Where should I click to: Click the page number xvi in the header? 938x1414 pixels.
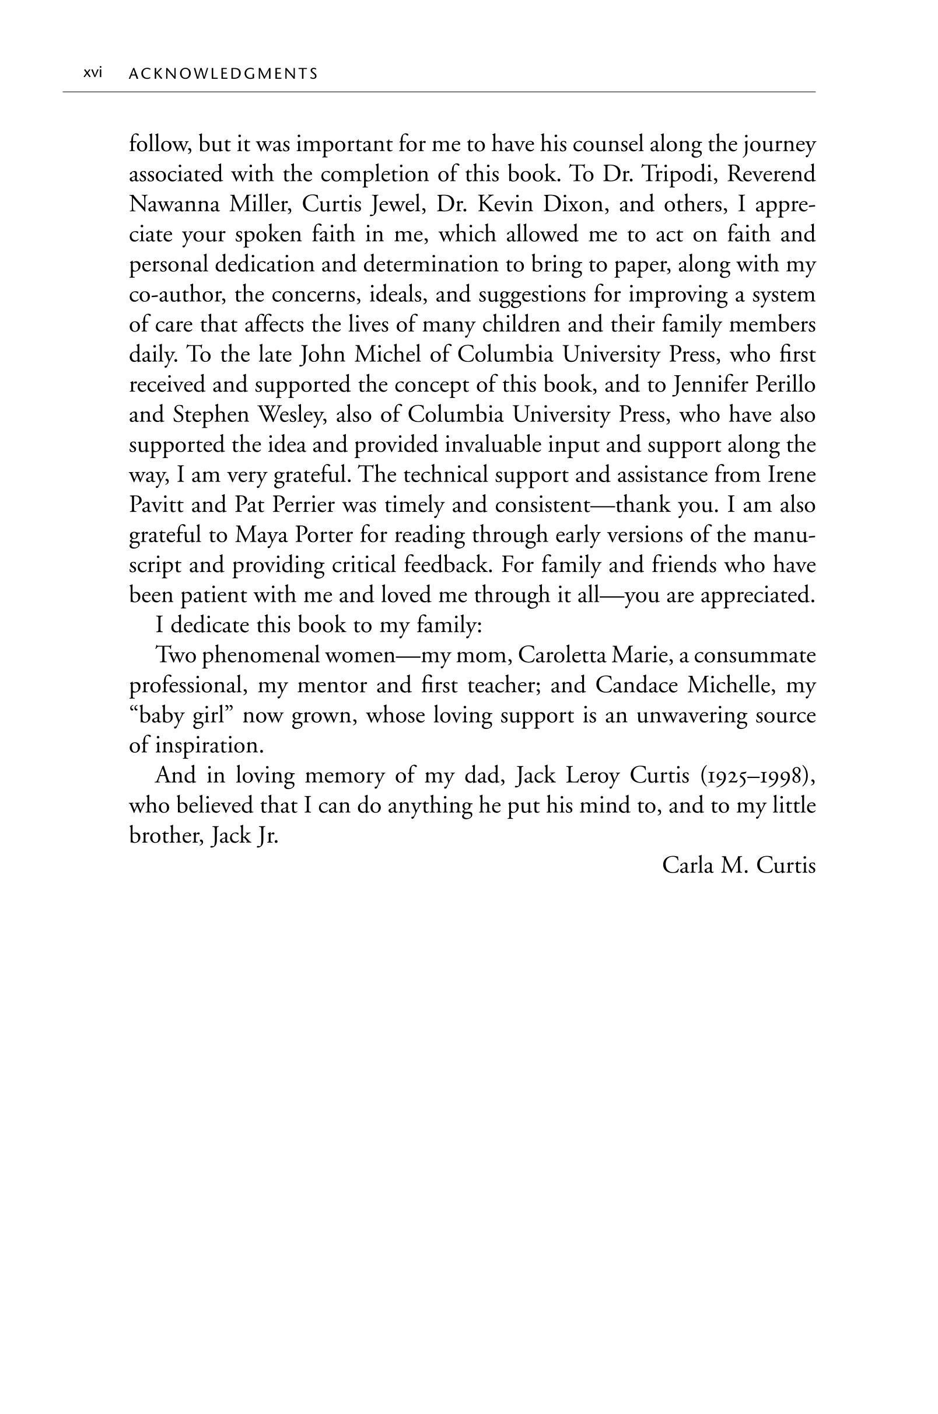[93, 73]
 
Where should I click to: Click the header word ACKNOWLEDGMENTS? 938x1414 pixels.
[223, 74]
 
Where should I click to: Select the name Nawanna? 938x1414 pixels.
[173, 205]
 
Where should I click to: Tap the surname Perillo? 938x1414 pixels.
[785, 385]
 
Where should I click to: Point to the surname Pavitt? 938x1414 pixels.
[156, 505]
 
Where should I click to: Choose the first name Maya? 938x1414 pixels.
[258, 535]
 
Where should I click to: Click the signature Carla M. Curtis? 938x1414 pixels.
[739, 866]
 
